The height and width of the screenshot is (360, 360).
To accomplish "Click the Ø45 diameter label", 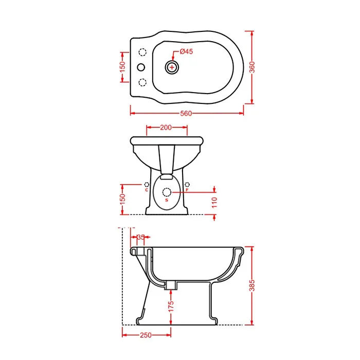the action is click(186, 51).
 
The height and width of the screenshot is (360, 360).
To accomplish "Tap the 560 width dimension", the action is click(186, 114).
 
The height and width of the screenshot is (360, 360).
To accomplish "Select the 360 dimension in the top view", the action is click(252, 67).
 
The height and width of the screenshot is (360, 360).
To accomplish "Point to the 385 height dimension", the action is click(252, 285).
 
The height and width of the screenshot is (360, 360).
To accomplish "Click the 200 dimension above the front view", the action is click(166, 128).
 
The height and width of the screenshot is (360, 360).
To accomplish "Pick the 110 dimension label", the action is click(214, 202).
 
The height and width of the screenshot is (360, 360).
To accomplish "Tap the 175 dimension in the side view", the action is click(171, 307).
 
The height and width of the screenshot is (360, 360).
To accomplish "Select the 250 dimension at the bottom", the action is click(146, 335).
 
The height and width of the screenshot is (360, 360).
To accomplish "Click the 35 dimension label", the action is click(141, 237).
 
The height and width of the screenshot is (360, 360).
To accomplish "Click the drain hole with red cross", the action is click(172, 67).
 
